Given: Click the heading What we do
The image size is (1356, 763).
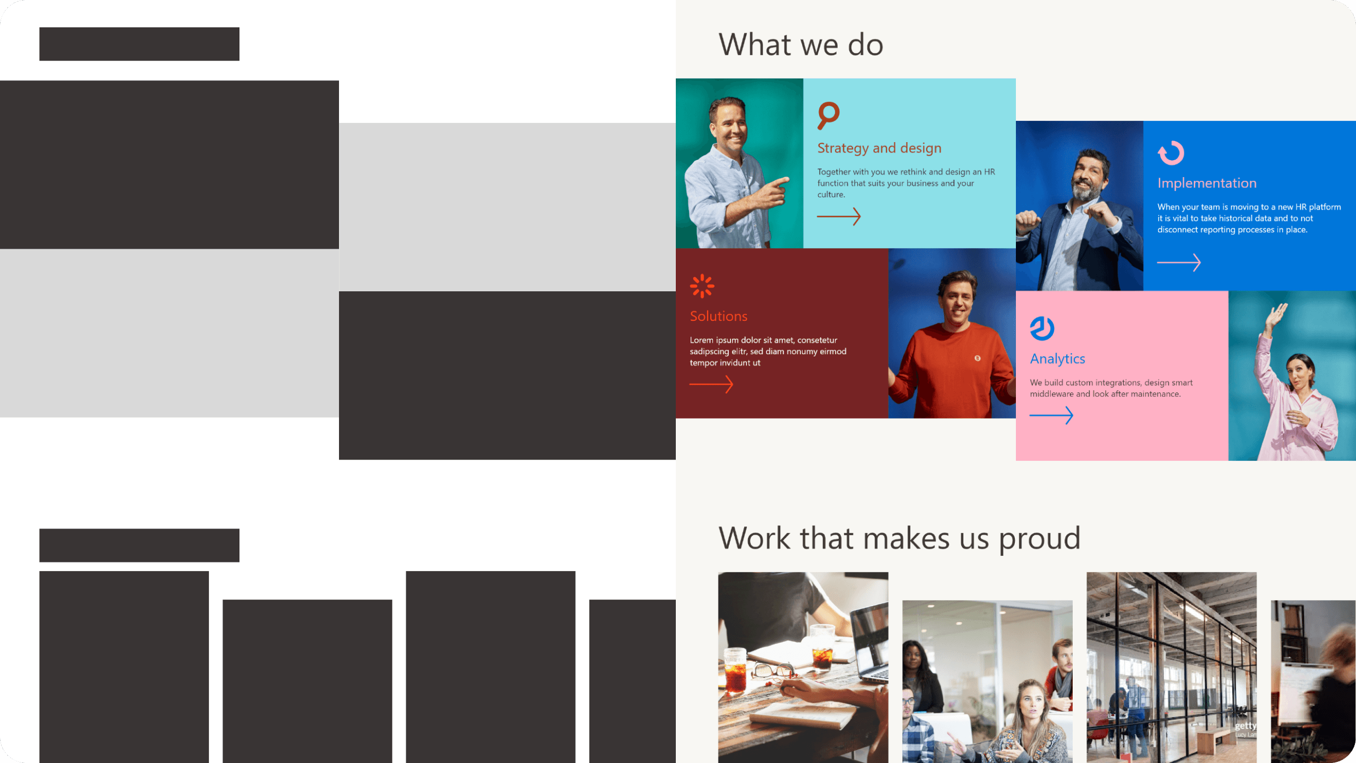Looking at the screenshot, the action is tap(800, 45).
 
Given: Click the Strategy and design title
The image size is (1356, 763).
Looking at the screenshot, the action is tap(879, 148).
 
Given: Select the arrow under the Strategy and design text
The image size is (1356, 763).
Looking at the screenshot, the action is tap(839, 216).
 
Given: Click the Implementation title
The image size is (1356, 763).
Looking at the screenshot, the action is tap(1207, 183).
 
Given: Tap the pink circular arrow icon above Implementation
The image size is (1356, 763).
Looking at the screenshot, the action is tap(1171, 152).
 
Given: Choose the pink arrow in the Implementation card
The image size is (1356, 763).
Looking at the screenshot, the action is tap(1179, 263).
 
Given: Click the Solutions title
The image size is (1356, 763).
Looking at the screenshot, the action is tap(718, 316).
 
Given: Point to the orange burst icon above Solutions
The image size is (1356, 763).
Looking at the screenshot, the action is tap(702, 286).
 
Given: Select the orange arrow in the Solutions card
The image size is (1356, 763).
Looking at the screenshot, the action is tap(711, 384).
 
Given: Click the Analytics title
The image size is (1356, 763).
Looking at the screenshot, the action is tap(1057, 359).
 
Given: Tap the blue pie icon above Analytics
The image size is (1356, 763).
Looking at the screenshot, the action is tap(1042, 328).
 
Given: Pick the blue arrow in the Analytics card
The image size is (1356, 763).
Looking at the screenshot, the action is tap(1051, 415).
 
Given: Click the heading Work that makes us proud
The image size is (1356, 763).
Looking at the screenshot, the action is tap(899, 539).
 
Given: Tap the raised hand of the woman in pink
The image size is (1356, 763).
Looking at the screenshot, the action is tap(1278, 315).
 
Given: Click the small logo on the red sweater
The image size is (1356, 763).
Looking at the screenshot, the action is tap(977, 359).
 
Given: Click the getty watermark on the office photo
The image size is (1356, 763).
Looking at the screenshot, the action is tap(1246, 726).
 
